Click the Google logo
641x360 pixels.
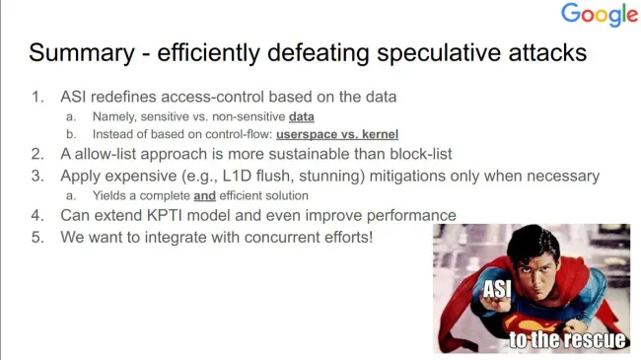click(x=600, y=14)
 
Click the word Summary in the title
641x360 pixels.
click(x=82, y=53)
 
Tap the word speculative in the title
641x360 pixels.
click(x=438, y=53)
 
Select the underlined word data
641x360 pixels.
click(x=302, y=117)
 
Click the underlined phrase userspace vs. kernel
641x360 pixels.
click(x=337, y=134)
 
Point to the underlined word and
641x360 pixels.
click(x=204, y=196)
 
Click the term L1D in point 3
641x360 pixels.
click(x=237, y=176)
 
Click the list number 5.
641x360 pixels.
click(x=37, y=238)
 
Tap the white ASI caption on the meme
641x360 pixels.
click(x=497, y=289)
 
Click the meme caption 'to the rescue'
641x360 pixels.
click(x=567, y=339)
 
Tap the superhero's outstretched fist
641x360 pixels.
click(x=495, y=306)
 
